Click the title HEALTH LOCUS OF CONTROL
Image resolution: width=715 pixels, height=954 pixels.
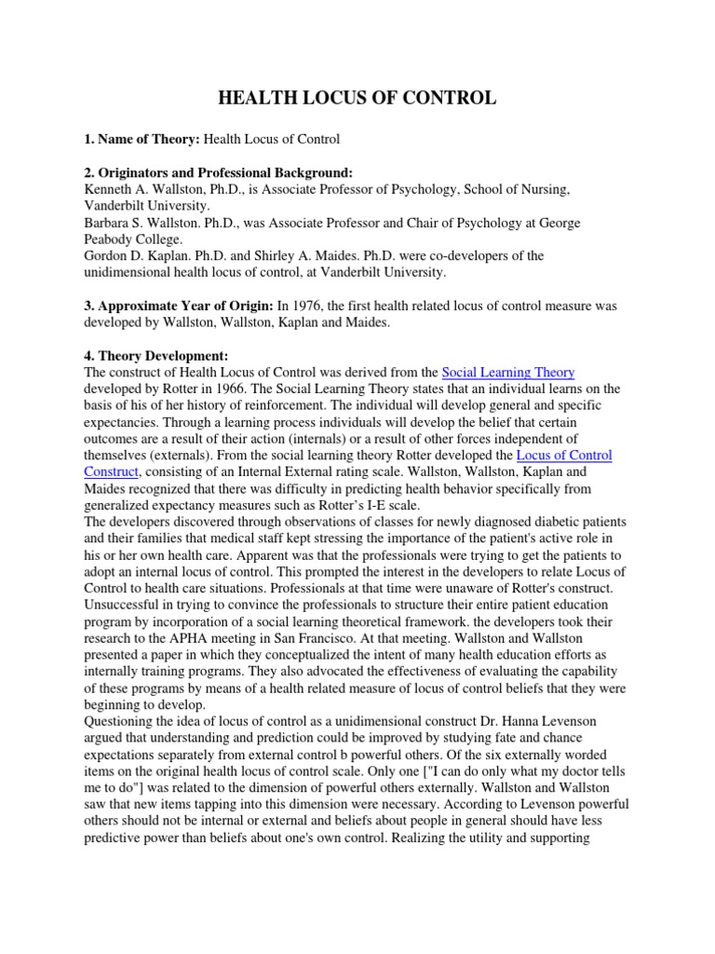tap(357, 98)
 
